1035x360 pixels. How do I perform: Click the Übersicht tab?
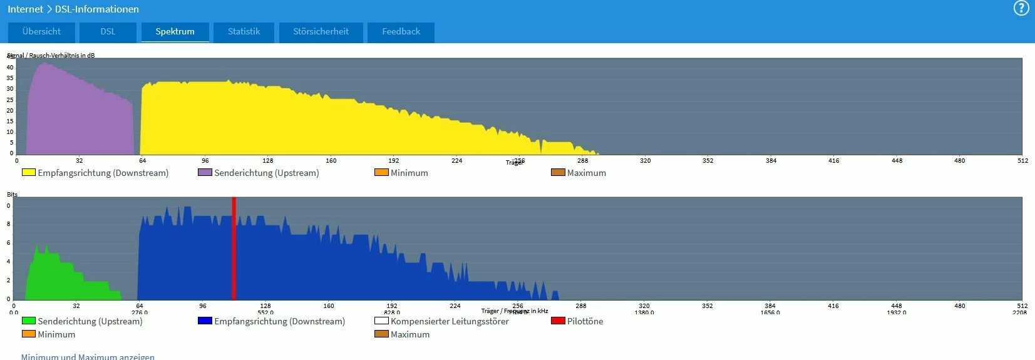[x=41, y=32]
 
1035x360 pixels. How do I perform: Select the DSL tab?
[x=108, y=32]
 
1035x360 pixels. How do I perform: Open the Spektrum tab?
[x=175, y=32]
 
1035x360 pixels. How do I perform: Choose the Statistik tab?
[x=244, y=32]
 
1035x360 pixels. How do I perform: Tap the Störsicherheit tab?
[x=321, y=32]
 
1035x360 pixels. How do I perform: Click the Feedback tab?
[x=401, y=32]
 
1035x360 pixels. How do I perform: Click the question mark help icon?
[x=1021, y=8]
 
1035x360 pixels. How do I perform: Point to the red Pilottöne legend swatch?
[x=557, y=321]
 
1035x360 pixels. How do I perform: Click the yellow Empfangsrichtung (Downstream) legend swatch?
[x=29, y=172]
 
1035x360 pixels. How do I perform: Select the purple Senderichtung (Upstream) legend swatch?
[x=205, y=172]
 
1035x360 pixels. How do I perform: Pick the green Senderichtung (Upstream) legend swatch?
[x=29, y=321]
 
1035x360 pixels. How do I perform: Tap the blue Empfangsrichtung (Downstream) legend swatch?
[x=205, y=321]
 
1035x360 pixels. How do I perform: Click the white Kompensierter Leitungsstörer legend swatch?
[x=381, y=321]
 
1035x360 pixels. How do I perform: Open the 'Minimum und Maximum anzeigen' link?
[x=88, y=356]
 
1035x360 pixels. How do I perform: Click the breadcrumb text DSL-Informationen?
[x=97, y=9]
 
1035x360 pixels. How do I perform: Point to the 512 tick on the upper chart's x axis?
[x=1022, y=161]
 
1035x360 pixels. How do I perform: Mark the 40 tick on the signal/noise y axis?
[x=10, y=68]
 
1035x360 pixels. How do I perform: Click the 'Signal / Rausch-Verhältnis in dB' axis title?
[x=51, y=55]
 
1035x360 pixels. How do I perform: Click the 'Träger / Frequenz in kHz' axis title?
[x=514, y=311]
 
